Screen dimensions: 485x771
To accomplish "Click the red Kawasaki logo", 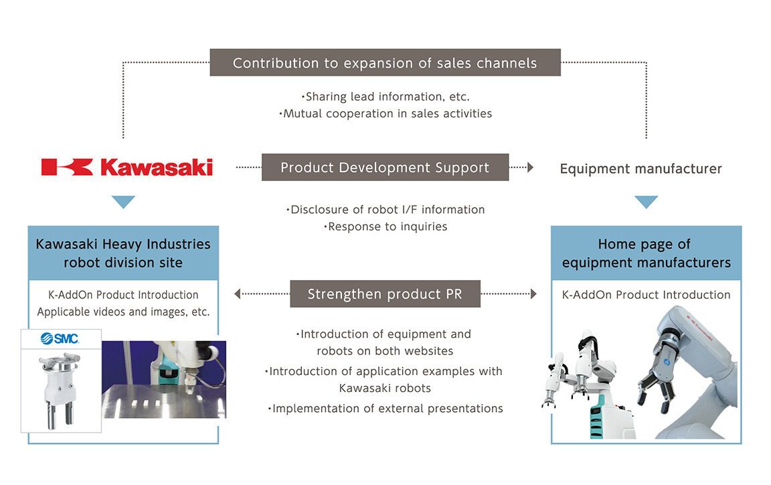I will pyautogui.click(x=127, y=167).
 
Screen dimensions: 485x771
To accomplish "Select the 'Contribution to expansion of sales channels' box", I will pyautogui.click(x=385, y=63).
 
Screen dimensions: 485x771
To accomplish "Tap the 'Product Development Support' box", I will pyautogui.click(x=385, y=167).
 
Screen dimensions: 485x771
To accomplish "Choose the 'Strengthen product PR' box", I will pyautogui.click(x=385, y=294).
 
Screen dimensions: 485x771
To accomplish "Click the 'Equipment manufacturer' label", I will pyautogui.click(x=640, y=169).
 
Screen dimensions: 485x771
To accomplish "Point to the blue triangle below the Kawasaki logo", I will pyautogui.click(x=123, y=202).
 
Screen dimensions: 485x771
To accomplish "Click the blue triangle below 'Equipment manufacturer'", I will pyautogui.click(x=646, y=202).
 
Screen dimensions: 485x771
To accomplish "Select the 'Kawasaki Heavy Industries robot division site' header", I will pyautogui.click(x=123, y=253).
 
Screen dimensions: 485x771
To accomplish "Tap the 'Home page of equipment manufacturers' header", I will pyautogui.click(x=646, y=253).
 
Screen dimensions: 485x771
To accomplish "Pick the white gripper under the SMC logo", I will pyautogui.click(x=60, y=389).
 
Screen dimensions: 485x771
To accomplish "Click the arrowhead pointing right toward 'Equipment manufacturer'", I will pyautogui.click(x=531, y=167).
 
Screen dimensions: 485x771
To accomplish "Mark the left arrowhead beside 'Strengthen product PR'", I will pyautogui.click(x=238, y=293).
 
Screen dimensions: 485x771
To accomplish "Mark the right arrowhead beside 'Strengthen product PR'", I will pyautogui.click(x=533, y=293).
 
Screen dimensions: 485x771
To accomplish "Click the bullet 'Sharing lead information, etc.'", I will pyautogui.click(x=385, y=96).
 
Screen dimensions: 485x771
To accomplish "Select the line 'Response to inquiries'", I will pyautogui.click(x=385, y=226).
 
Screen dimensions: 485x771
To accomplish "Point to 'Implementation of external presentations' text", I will pyautogui.click(x=385, y=408).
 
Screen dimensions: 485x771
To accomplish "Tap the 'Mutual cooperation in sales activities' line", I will pyautogui.click(x=385, y=114).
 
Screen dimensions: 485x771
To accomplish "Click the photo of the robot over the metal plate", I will pyautogui.click(x=164, y=379).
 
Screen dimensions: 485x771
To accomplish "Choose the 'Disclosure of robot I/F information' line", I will pyautogui.click(x=385, y=210).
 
